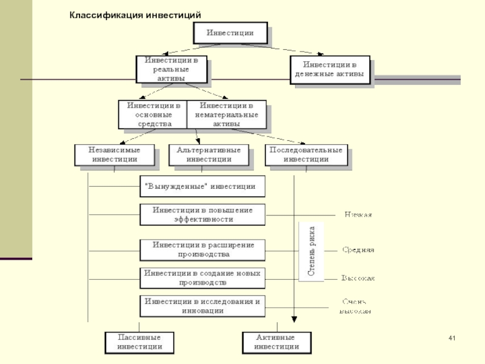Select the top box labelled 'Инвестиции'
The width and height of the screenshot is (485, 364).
click(x=230, y=33)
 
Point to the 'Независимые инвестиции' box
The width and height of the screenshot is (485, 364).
click(x=115, y=155)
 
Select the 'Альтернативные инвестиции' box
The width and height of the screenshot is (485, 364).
click(x=209, y=155)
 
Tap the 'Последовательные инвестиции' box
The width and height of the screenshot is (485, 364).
click(x=306, y=155)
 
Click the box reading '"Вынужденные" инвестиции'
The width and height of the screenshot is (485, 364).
click(x=202, y=187)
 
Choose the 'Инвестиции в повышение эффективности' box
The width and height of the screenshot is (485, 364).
click(x=202, y=214)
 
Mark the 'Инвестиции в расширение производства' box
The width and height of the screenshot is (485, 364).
click(x=202, y=249)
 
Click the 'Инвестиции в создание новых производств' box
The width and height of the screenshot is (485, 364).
click(x=202, y=278)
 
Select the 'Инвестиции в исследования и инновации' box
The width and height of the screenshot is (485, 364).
click(x=202, y=305)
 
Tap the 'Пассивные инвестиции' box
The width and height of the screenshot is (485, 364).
click(x=139, y=342)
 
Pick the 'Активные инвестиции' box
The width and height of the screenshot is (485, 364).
click(x=276, y=342)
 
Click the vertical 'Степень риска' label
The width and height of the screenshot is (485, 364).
click(x=311, y=251)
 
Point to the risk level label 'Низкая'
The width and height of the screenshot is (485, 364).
click(x=358, y=214)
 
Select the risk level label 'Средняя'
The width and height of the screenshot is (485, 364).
click(x=358, y=249)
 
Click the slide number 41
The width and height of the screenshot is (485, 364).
click(x=450, y=338)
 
